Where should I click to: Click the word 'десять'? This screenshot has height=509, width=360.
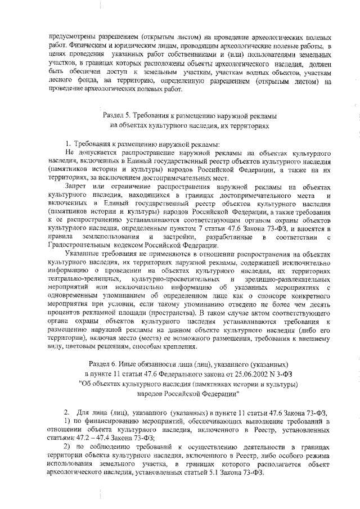[x=321, y=301]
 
